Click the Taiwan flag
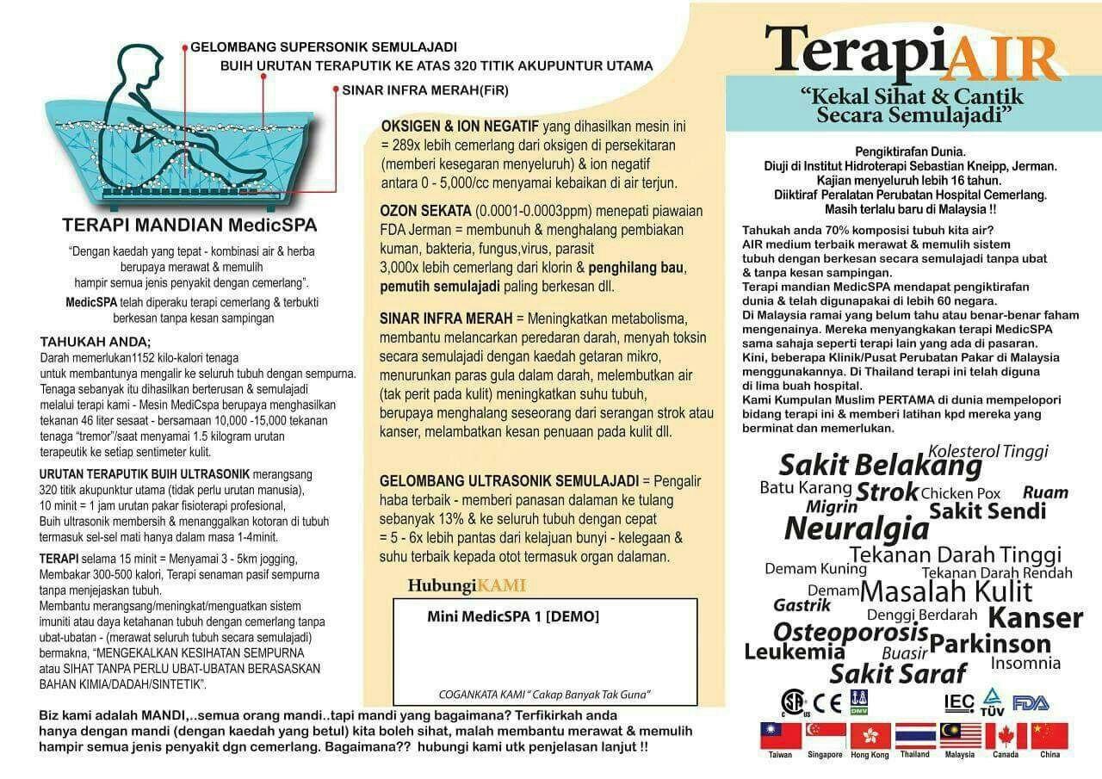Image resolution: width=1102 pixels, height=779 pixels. point(781,736)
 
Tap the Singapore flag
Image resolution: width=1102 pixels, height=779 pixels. point(826,736)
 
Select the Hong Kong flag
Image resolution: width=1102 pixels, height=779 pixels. point(870,736)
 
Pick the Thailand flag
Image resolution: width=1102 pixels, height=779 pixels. point(915,736)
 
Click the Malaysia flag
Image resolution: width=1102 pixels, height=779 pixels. point(961,736)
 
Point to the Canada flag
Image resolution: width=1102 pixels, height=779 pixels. point(1006,736)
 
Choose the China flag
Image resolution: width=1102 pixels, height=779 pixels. point(1049,736)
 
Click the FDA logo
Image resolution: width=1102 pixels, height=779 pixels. point(1031,702)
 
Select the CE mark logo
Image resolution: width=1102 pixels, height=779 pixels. point(828,702)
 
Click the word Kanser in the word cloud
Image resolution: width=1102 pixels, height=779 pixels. point(1035,617)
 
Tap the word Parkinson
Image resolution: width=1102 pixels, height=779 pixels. point(990,644)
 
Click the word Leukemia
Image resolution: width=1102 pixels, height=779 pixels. point(795,652)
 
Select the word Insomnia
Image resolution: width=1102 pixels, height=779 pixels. point(1025,663)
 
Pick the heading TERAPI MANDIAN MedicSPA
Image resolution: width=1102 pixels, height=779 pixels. point(189,226)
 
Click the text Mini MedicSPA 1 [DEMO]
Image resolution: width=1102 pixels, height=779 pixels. point(513,616)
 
